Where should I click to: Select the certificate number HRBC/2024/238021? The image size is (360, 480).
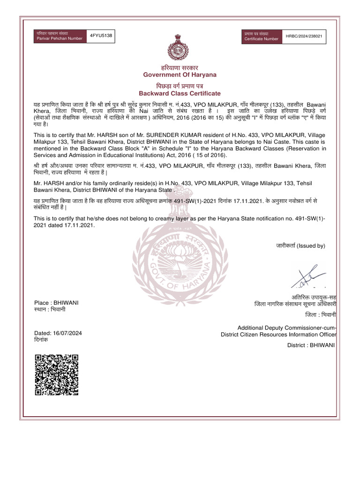305,36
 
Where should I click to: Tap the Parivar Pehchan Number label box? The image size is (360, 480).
59,36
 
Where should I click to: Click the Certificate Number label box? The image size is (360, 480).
262,36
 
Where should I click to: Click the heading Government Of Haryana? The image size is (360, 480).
180,75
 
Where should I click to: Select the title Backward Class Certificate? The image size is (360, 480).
180,93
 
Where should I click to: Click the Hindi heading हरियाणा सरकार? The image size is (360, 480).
180,68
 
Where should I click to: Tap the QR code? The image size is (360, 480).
56,375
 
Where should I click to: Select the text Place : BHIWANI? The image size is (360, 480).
57,303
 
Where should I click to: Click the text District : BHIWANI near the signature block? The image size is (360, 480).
311,345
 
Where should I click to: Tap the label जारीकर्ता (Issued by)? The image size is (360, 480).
300,246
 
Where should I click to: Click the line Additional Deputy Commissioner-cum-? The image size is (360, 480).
287,327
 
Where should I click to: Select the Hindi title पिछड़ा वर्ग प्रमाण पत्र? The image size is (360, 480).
180,86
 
